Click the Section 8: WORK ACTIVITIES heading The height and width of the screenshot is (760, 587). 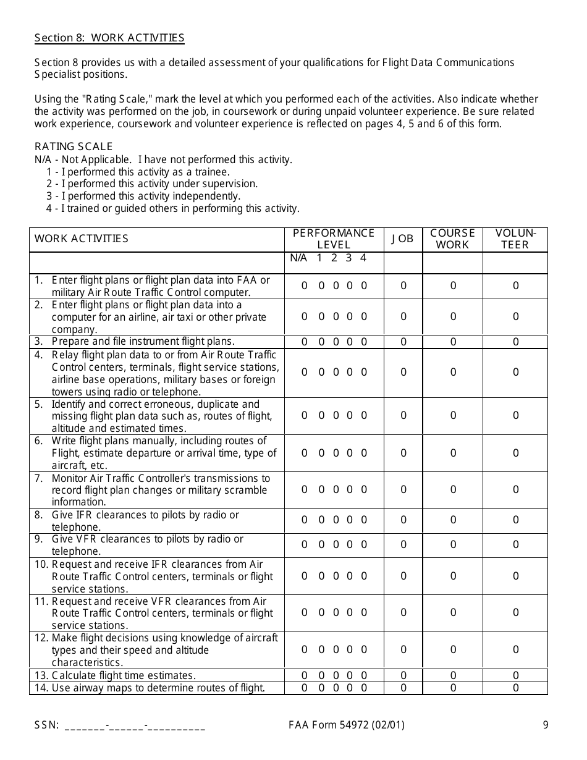pyautogui.click(x=109, y=38)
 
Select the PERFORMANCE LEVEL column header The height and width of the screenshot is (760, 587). pyautogui.click(x=334, y=239)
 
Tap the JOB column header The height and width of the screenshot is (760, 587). pyautogui.click(x=403, y=239)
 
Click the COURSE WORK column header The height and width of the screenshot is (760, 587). pyautogui.click(x=453, y=239)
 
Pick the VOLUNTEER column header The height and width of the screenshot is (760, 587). pyautogui.click(x=516, y=239)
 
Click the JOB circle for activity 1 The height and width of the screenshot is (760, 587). pyautogui.click(x=403, y=286)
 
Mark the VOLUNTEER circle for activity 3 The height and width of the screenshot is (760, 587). pyautogui.click(x=516, y=342)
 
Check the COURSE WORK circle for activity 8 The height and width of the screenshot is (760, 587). pyautogui.click(x=453, y=520)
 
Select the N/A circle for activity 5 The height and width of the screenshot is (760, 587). pyautogui.click(x=305, y=416)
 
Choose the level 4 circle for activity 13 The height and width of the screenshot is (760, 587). pyautogui.click(x=364, y=676)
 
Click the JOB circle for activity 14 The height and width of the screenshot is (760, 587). pyautogui.click(x=403, y=688)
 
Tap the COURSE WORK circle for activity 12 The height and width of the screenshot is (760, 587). pyautogui.click(x=453, y=649)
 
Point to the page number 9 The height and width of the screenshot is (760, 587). pyautogui.click(x=546, y=725)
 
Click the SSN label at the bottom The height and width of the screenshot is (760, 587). pyautogui.click(x=46, y=725)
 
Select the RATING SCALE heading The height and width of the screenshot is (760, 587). pyautogui.click(x=74, y=146)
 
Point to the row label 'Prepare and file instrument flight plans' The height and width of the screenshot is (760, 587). pyautogui.click(x=143, y=342)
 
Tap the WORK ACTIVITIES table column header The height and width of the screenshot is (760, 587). pyautogui.click(x=82, y=239)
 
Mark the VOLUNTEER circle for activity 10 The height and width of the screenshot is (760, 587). pyautogui.click(x=516, y=576)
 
